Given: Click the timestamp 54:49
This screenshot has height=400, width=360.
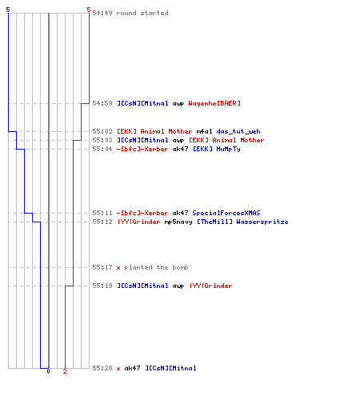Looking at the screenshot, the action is pos(102,13).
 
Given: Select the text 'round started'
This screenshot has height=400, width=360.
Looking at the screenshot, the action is pos(142,13).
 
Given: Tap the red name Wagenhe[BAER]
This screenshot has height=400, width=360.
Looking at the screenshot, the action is pos(214,103).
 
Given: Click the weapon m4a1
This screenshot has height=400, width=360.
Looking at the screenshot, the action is pos(204,131).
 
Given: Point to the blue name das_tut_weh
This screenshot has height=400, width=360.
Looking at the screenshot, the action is pos(238,131).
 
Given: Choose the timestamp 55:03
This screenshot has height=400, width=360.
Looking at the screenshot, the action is pos(102,140).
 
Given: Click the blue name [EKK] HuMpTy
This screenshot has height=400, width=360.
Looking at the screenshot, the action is pos(217,149).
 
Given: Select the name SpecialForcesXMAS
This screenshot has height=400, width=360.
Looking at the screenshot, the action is pos(226,213).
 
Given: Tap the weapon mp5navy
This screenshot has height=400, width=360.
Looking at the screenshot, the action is pos(178,222).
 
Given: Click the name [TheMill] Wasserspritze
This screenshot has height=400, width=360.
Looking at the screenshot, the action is pos(242,222).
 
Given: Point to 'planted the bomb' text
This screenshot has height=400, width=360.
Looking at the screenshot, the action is pos(156,267).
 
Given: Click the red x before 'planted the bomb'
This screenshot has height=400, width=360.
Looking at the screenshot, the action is pos(118,268).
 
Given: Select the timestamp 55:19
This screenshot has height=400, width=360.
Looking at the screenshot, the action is pos(102,286).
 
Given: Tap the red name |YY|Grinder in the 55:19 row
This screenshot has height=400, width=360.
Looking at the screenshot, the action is pos(210,286).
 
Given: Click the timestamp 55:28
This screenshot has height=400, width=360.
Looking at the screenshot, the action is pos(102,368).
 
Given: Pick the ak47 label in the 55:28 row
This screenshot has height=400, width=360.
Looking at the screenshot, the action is pos(132,368).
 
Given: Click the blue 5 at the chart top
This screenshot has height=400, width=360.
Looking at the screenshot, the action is pos(8,10).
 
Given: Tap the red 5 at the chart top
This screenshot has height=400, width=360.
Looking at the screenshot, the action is pos(89,10).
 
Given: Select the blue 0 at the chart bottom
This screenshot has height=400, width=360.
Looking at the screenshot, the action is pos(48,371).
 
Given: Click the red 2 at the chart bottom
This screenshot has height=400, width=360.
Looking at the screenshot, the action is pos(65,371).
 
